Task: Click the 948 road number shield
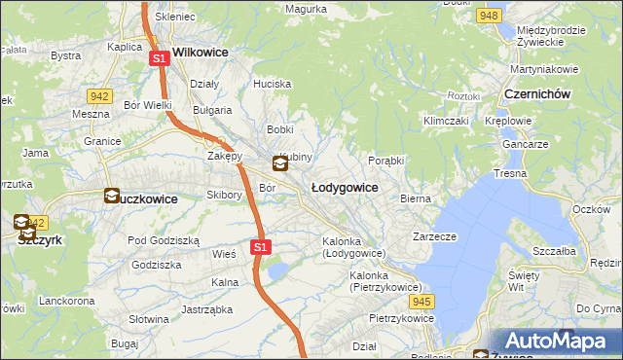pos(490,17)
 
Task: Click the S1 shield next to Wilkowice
pos(160,59)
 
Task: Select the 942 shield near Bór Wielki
pos(97,95)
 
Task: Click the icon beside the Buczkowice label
pos(112,197)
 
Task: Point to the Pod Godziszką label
pos(164,240)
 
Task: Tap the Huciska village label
pos(272,84)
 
